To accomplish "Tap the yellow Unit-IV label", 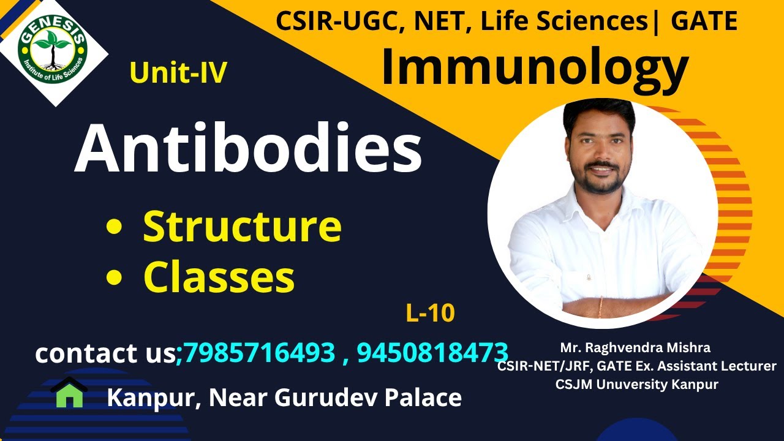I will point(178,73).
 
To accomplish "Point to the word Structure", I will point(242,226).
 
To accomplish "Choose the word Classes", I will point(219,277).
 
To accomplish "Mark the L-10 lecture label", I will point(430,314).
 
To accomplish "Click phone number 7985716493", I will point(258,353).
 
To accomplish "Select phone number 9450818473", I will point(432,353).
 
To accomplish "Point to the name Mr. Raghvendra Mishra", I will point(635,348).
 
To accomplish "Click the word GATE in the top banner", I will point(704,21).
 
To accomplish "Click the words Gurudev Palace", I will point(368,398).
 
